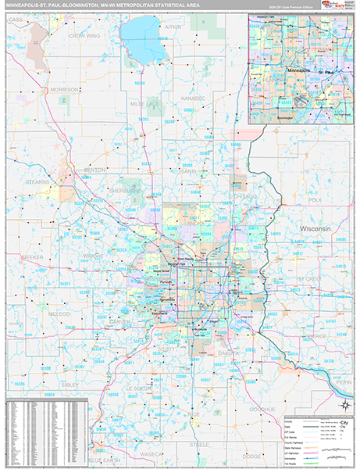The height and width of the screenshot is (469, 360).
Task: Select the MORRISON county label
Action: [x=63, y=90]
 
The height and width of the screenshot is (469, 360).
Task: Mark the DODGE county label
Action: [x=251, y=455]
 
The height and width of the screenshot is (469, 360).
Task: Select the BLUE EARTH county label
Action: [x=105, y=460]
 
